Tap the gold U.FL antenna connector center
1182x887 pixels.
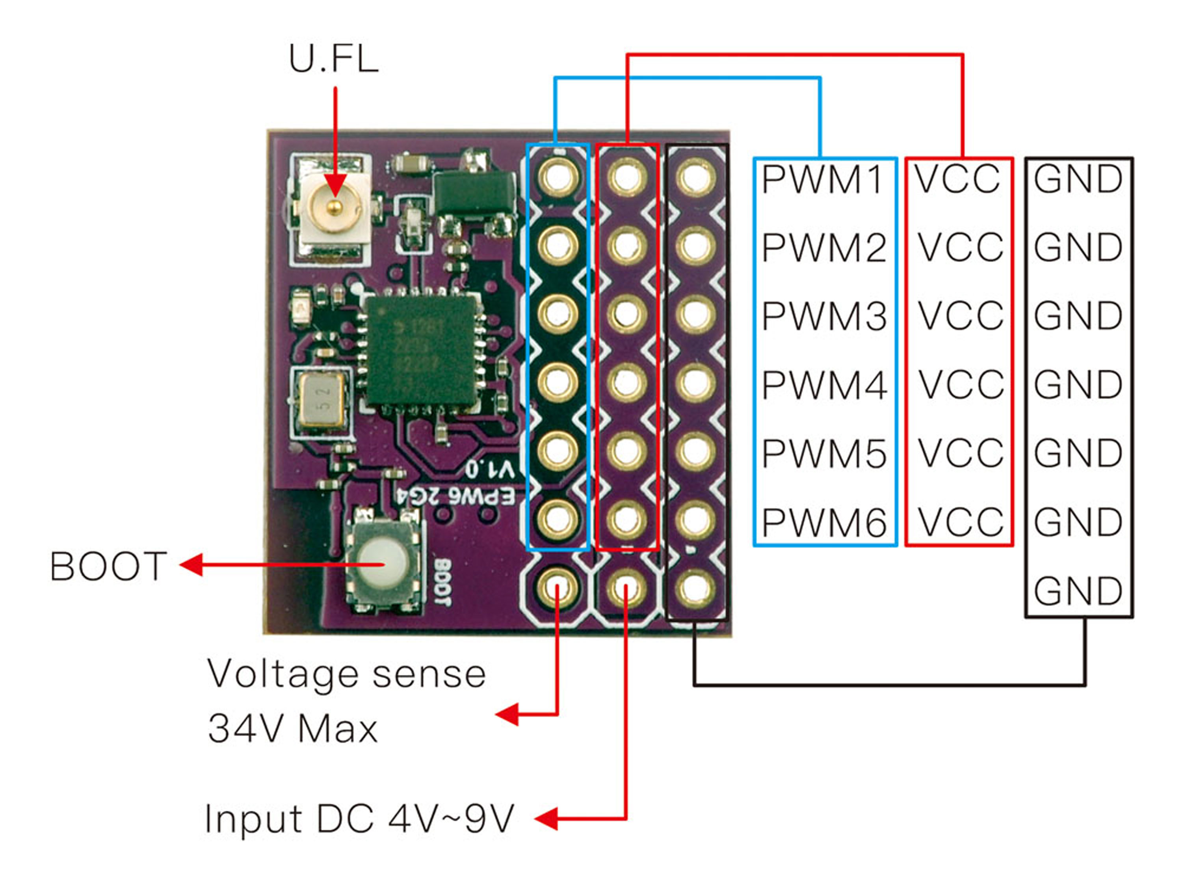(335, 205)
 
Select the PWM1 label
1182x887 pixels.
(823, 179)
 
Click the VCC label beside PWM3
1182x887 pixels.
(960, 315)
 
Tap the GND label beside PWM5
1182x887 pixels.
(1078, 453)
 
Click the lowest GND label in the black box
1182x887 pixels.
(1078, 591)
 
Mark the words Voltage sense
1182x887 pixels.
(346, 674)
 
